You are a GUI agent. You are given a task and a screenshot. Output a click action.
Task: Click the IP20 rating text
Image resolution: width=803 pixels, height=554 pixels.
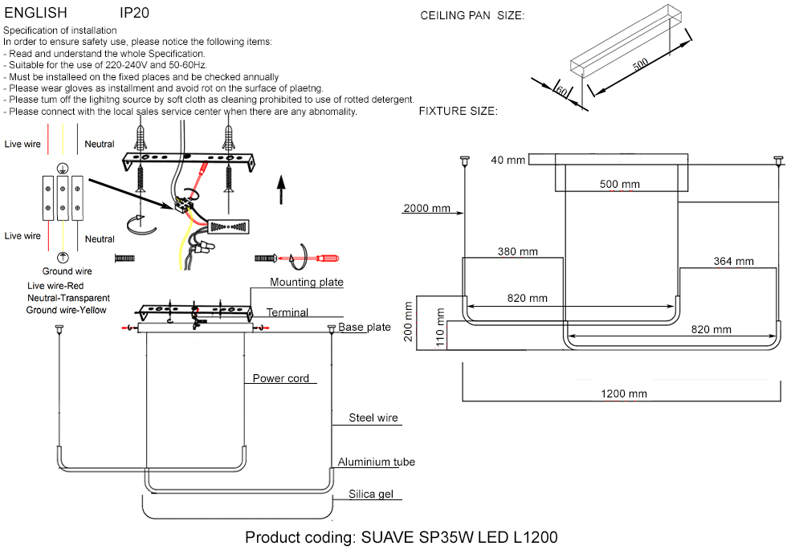click(134, 13)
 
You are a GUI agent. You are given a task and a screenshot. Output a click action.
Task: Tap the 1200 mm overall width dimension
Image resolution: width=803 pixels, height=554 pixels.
click(624, 393)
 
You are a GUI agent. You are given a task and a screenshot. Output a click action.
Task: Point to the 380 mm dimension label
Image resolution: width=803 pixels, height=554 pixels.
click(517, 251)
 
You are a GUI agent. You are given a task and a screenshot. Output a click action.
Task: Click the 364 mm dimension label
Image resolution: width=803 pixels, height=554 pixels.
click(733, 261)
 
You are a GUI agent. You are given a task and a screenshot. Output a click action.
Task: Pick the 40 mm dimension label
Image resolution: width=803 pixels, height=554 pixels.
click(507, 161)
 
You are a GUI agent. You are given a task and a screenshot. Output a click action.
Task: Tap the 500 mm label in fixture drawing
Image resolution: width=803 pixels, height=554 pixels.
click(620, 184)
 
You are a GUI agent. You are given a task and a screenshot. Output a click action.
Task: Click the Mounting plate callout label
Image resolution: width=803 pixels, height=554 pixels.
click(306, 282)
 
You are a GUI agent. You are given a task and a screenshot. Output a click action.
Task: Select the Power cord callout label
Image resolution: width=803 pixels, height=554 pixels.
click(280, 378)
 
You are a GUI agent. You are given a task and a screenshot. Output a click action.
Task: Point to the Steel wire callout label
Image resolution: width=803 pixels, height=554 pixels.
click(373, 418)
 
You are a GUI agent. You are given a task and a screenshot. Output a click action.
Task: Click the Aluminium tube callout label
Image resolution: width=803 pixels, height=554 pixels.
click(376, 462)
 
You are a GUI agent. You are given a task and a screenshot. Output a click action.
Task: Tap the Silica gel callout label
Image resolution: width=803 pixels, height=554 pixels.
click(370, 494)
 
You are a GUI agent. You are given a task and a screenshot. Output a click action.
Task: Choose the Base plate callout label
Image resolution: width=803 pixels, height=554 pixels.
click(364, 328)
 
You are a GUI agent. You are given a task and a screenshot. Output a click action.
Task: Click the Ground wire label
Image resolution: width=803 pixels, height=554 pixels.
click(67, 271)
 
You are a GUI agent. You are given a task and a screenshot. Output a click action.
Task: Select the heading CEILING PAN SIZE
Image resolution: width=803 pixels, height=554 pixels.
click(472, 15)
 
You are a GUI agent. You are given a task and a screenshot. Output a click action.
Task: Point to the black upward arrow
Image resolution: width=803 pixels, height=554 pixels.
click(281, 188)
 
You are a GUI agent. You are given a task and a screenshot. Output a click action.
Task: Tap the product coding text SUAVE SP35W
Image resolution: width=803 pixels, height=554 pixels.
click(401, 537)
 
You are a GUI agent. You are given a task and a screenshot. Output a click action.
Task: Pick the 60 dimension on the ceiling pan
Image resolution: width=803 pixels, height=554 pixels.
click(561, 90)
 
